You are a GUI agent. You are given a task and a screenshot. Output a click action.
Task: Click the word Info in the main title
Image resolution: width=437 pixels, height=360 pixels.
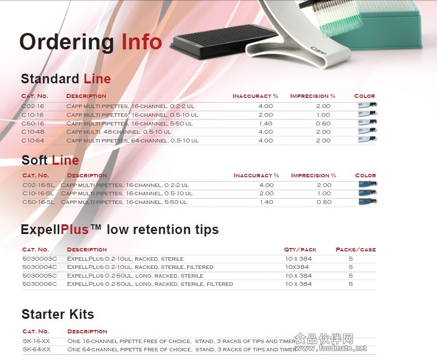click(142, 42)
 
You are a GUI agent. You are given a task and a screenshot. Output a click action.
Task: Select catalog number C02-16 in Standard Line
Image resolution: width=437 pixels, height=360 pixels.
click(33, 106)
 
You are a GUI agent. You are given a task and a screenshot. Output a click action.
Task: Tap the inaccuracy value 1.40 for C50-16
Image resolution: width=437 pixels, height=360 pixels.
click(266, 124)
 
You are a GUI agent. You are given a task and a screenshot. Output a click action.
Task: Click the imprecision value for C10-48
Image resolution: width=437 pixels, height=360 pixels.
click(324, 132)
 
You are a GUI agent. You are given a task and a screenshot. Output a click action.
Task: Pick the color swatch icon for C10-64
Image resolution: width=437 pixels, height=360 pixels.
click(367, 139)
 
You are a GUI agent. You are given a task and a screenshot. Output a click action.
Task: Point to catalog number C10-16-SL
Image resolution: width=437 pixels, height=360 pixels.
click(38, 193)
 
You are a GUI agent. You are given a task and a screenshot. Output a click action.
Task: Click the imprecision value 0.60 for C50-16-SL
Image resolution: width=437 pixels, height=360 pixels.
click(324, 202)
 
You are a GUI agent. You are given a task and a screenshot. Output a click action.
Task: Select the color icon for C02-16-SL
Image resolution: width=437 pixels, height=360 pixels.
click(368, 184)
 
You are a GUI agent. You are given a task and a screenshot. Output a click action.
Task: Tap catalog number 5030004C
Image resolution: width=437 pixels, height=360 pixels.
click(40, 267)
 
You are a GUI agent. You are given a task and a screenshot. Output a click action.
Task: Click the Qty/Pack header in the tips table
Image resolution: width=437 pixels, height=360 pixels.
click(300, 250)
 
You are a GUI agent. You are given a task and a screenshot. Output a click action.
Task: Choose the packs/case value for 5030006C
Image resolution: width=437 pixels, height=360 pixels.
click(351, 284)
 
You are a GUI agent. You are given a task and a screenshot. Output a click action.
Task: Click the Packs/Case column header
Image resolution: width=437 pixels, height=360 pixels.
click(356, 250)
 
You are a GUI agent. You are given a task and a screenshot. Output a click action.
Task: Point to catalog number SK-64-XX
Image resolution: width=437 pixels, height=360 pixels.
click(36, 349)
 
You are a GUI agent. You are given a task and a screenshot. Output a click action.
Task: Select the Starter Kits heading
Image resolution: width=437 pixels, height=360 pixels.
click(58, 314)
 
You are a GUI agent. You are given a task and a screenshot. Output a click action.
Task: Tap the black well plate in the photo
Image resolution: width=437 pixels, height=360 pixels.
click(225, 42)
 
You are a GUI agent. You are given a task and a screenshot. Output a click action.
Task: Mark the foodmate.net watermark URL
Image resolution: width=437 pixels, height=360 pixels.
click(331, 348)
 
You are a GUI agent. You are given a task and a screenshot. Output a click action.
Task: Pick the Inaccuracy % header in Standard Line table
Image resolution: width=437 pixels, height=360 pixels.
click(255, 96)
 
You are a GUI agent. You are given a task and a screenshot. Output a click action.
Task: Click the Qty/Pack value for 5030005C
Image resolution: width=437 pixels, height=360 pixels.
click(298, 276)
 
